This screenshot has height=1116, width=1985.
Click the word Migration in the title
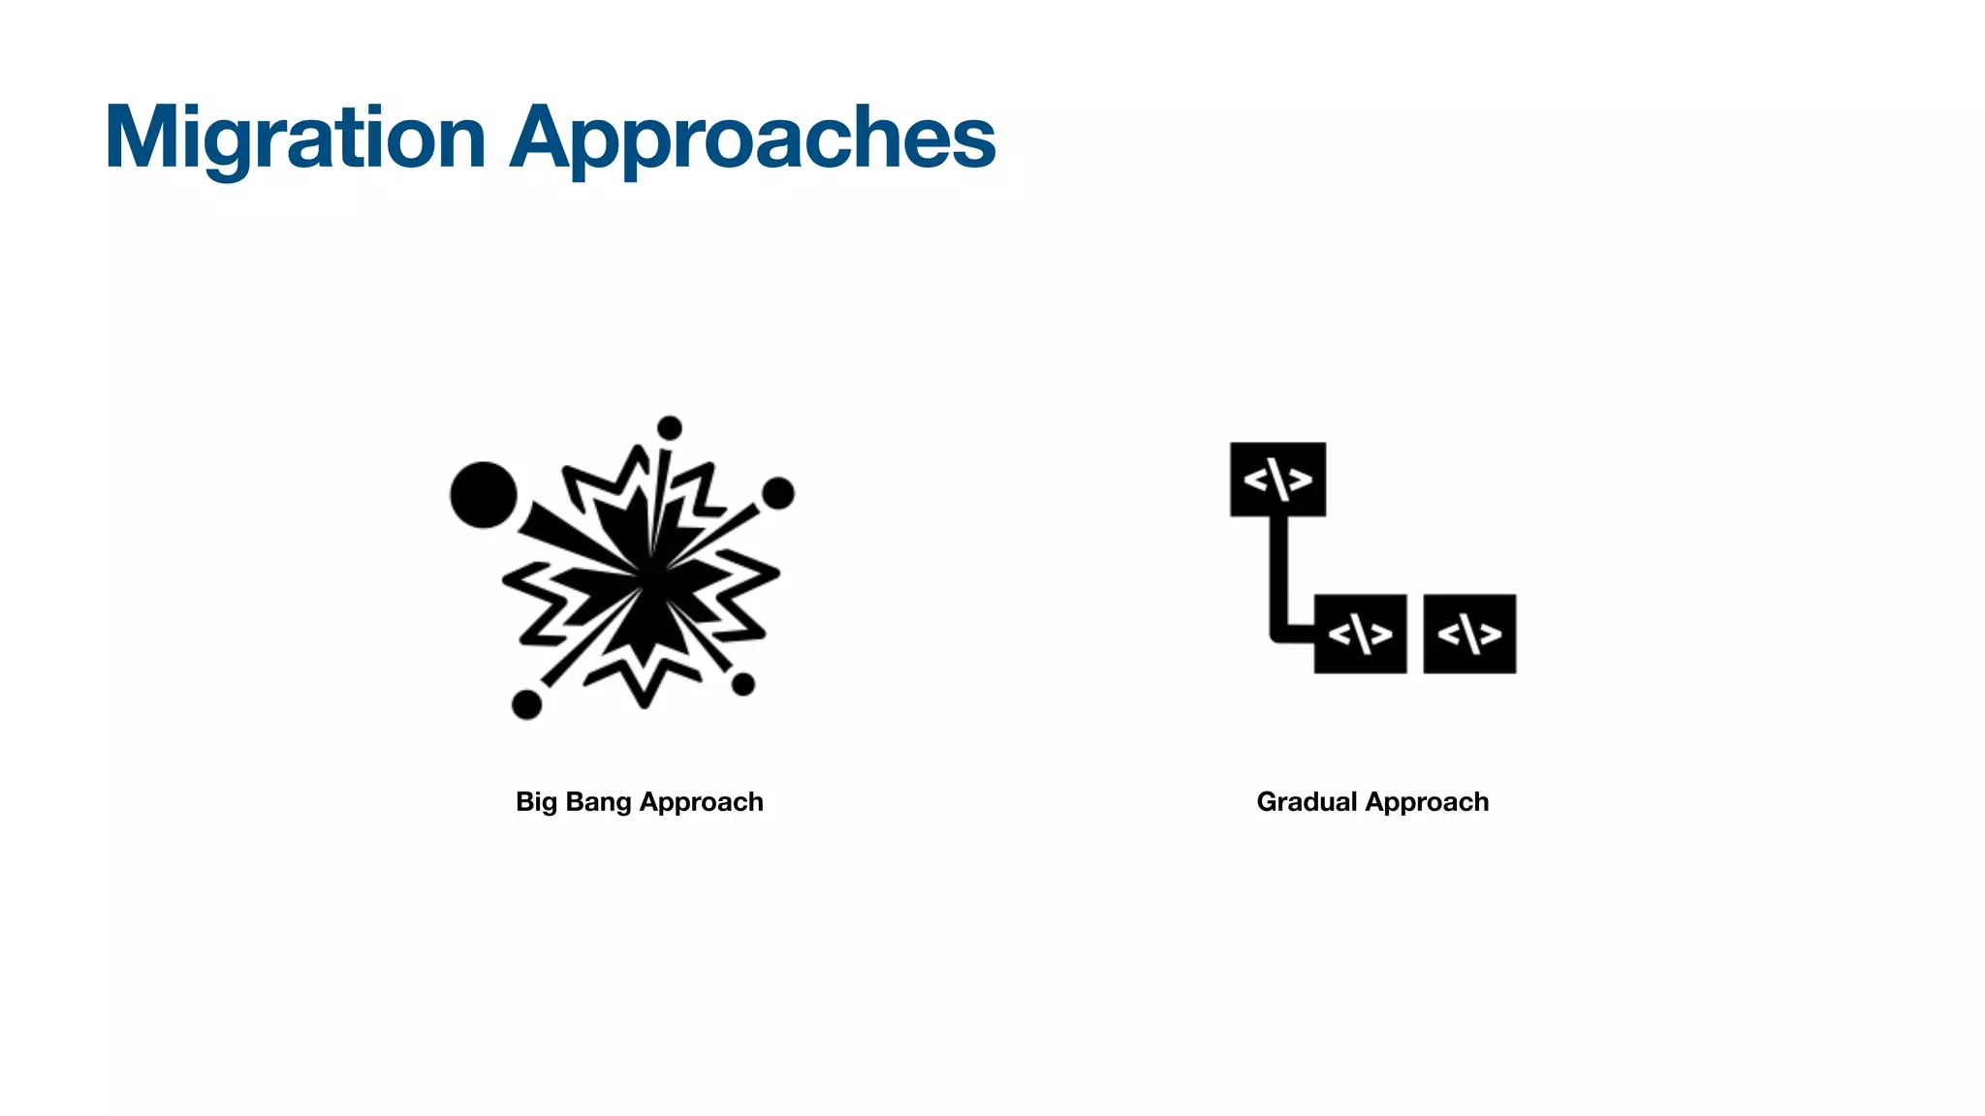295,139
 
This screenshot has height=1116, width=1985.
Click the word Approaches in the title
753,139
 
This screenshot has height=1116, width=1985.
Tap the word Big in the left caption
535,802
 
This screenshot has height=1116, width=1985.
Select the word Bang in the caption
597,802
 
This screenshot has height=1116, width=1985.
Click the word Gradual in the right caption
1307,802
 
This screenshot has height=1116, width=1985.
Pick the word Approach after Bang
702,802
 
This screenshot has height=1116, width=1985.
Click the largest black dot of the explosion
483,495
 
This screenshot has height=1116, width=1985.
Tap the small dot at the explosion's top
670,427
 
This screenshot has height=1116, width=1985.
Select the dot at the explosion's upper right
778,493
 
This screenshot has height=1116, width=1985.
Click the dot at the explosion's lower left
526,704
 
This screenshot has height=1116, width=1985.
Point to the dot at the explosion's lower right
743,685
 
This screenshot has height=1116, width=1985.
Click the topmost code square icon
1277,480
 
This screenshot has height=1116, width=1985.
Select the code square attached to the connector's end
1360,635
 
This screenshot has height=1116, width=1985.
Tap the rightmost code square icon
1469,635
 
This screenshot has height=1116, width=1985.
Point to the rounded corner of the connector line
1277,635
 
